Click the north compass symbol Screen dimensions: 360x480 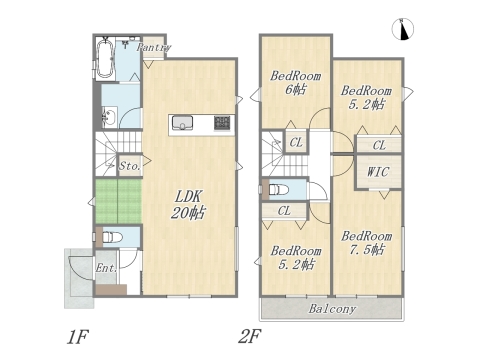[x=404, y=31]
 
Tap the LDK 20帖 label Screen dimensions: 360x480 [x=188, y=204]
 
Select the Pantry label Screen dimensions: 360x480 [x=152, y=47]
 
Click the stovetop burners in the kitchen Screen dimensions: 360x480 [x=221, y=123]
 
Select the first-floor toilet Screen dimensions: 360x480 [x=113, y=238]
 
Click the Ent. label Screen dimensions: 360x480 [x=105, y=268]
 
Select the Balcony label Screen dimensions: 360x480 [x=332, y=308]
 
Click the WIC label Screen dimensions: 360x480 [x=379, y=172]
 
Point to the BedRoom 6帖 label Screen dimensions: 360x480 [x=295, y=83]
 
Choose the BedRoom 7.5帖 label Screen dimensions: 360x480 [x=365, y=243]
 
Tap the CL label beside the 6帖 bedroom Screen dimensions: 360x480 [x=297, y=142]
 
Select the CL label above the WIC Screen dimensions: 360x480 [x=379, y=145]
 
